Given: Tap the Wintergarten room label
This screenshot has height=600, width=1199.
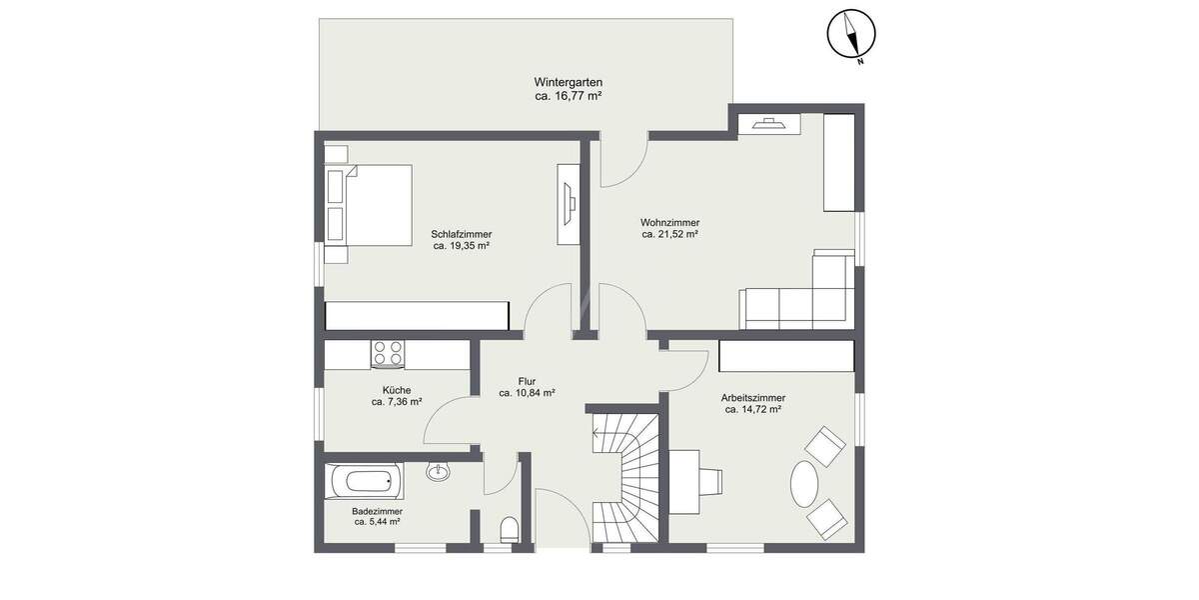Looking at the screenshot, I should tap(568, 82).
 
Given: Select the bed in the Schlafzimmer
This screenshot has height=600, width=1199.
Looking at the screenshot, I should tap(372, 205).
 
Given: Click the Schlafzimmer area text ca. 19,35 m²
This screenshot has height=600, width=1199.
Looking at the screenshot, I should tap(461, 245).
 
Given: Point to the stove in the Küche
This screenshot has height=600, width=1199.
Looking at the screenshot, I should tap(388, 353).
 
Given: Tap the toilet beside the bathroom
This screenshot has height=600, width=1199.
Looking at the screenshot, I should tap(509, 529).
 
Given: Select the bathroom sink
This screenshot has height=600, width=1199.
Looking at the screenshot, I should tap(438, 470).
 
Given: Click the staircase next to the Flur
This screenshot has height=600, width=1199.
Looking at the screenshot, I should tap(625, 478).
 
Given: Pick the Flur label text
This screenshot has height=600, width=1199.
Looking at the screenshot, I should tap(528, 381).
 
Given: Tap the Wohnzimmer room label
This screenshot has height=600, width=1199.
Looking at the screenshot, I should tap(669, 222).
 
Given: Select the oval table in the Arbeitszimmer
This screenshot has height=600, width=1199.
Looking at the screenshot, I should tap(804, 485).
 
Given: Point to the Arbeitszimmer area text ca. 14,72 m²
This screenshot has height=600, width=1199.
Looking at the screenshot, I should tap(752, 409).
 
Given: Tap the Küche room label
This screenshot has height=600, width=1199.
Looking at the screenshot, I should tap(397, 390).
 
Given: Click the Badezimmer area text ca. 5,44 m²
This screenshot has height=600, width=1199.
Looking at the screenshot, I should tap(377, 521).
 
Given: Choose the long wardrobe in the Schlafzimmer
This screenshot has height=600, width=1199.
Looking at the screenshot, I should tap(418, 316).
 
